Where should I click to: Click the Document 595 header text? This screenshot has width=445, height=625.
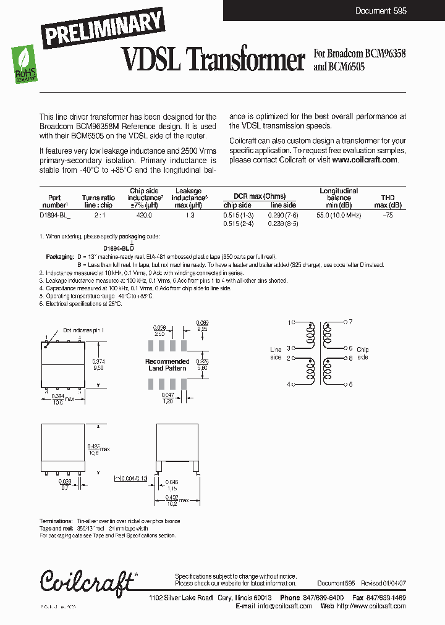[381, 11]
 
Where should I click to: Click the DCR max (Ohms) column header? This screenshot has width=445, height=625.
[260, 196]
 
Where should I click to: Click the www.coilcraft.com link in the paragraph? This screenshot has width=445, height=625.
[365, 160]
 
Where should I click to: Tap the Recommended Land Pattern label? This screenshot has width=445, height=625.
[167, 365]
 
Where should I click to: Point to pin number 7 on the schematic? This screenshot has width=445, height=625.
[350, 322]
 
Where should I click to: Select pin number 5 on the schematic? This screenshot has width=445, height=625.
[350, 384]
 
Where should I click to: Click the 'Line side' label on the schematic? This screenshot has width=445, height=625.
[276, 353]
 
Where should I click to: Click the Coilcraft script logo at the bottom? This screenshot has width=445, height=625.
[87, 581]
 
